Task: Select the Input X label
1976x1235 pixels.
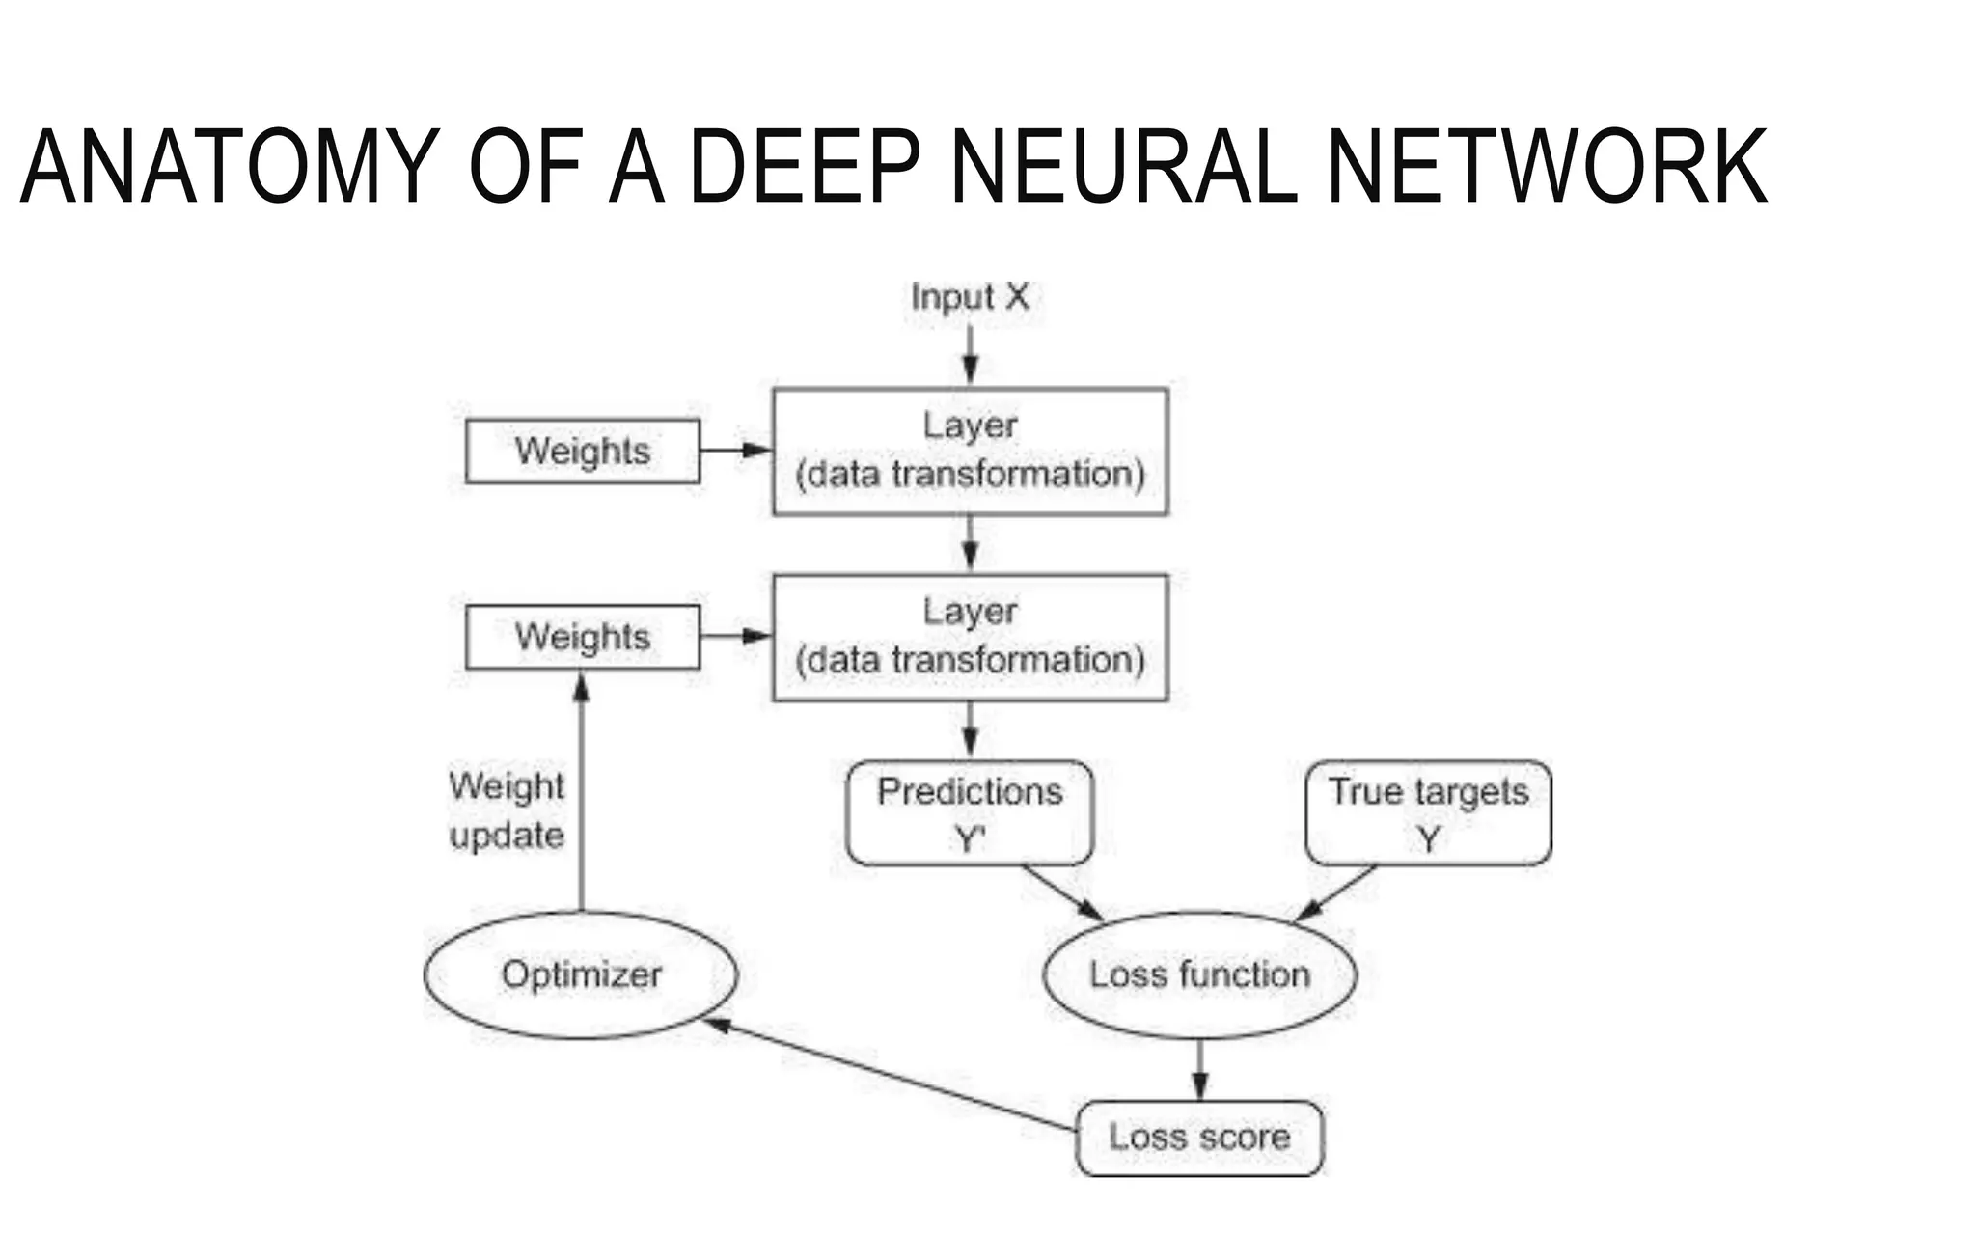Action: click(970, 297)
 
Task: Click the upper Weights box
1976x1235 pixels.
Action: click(583, 451)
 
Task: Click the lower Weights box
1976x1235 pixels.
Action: click(583, 637)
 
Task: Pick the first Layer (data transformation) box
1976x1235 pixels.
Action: click(970, 451)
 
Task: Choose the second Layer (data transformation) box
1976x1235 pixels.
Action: click(970, 637)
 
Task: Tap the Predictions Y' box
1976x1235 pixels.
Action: click(970, 812)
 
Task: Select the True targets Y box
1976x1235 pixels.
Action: click(1428, 812)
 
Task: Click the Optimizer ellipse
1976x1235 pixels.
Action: click(582, 974)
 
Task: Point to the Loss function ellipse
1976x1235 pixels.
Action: click(1199, 974)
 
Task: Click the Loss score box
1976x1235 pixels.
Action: click(1199, 1138)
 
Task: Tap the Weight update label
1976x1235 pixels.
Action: click(506, 810)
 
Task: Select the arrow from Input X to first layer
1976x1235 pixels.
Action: click(970, 354)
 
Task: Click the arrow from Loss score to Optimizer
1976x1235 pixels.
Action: click(892, 1076)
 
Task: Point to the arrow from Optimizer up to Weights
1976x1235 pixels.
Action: click(582, 791)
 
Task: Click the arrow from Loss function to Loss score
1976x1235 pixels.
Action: click(1199, 1069)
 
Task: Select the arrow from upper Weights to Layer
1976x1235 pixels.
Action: click(735, 451)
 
